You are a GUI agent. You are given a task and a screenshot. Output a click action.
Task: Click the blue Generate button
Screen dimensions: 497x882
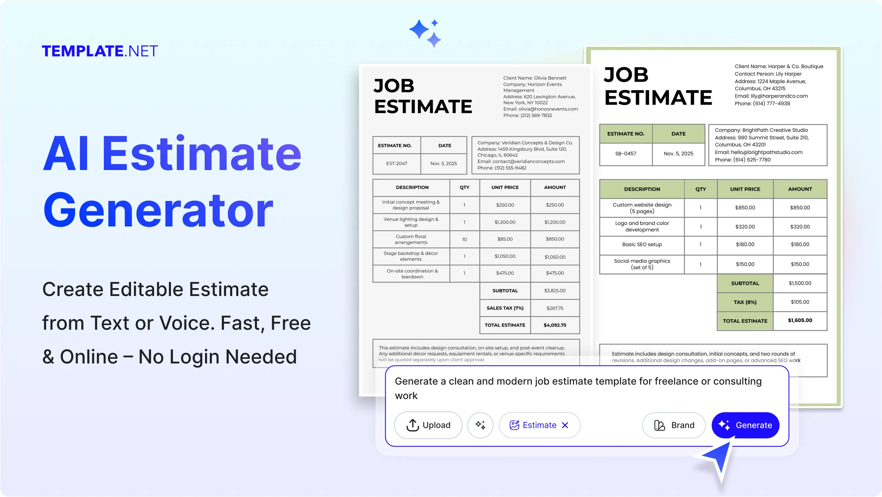point(745,425)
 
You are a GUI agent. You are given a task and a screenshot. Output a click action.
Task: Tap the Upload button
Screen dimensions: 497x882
point(428,425)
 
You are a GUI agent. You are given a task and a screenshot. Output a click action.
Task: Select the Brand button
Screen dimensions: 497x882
point(674,425)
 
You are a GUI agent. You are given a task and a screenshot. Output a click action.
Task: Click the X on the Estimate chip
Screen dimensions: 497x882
point(565,425)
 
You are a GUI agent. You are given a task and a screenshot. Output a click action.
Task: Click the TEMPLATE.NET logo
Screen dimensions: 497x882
point(100,51)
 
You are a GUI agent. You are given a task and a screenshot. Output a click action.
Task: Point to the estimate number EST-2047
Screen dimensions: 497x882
point(396,163)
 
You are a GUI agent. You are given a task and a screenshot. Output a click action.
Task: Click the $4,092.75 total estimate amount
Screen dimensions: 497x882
point(555,325)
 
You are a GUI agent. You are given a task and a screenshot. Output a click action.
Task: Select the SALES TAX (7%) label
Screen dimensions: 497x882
point(505,308)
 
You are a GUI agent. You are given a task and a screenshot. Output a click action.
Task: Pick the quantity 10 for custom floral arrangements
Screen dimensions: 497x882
point(464,239)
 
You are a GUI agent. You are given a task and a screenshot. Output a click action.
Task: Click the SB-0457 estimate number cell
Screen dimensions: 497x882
point(625,154)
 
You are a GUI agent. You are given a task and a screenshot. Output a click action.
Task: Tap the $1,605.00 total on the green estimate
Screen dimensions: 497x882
point(800,320)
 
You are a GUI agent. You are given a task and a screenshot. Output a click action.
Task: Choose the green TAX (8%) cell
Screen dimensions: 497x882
point(745,302)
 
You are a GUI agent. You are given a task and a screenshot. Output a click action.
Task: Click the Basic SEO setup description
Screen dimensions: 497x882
point(642,244)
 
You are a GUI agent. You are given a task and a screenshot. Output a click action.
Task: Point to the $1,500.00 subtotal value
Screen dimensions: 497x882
point(800,283)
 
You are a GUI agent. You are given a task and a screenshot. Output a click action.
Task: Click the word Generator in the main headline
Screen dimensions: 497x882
point(158,210)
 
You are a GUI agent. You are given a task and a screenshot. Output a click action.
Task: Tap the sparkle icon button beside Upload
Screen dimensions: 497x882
point(480,425)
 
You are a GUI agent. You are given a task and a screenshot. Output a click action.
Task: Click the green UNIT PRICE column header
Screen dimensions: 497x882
point(745,189)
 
